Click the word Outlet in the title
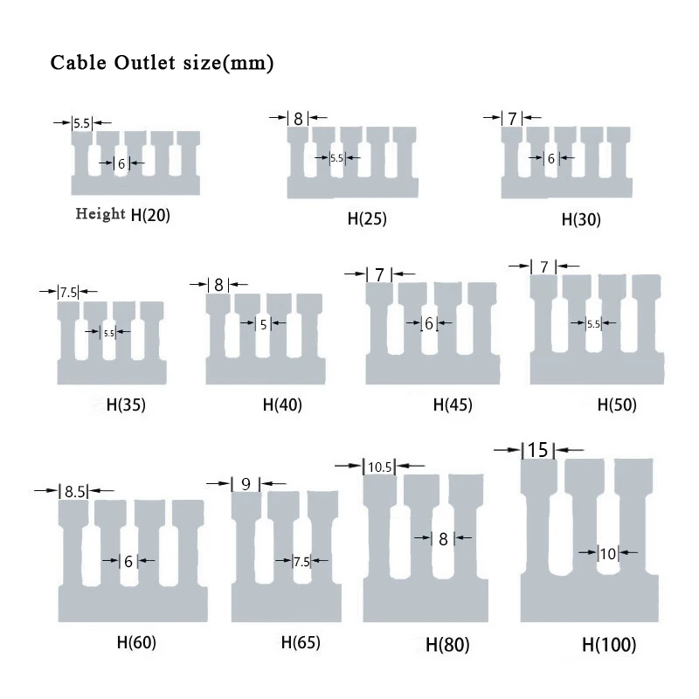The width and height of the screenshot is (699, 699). point(144,62)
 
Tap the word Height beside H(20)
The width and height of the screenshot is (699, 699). point(100,214)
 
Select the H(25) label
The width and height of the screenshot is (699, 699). point(367,219)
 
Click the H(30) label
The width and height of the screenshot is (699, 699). point(581,220)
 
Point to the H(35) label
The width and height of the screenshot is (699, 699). point(126,405)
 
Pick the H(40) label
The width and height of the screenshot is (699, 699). point(282,405)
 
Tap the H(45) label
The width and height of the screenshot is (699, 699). point(453,405)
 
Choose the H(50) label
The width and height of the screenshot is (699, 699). point(617,405)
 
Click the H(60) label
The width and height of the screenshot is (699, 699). point(136,642)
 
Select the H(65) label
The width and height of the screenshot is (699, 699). point(301,642)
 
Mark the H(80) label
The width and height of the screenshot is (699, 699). point(447,645)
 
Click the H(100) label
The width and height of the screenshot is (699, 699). point(609,645)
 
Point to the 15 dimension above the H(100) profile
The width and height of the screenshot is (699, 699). point(537,450)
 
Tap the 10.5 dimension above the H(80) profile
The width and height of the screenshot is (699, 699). point(380,467)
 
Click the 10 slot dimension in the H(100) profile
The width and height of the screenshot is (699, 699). point(608,554)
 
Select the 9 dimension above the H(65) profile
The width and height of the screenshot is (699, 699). point(246,484)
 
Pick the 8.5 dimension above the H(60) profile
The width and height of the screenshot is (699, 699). point(74,492)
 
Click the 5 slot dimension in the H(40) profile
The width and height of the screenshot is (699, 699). point(264,324)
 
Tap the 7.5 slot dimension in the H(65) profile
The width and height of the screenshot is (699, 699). point(301,562)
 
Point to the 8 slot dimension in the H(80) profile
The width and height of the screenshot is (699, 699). point(443,539)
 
